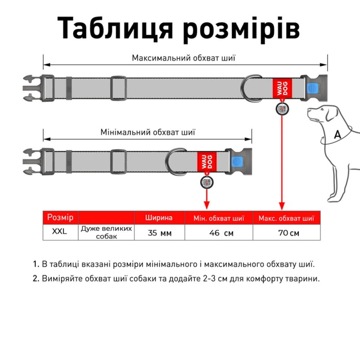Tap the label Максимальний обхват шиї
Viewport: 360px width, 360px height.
(x=183, y=58)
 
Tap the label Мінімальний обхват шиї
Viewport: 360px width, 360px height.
(x=148, y=132)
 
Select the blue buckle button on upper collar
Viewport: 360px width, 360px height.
(x=313, y=89)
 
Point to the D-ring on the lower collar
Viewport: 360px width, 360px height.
(x=176, y=162)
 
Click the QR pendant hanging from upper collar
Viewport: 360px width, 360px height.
(x=282, y=109)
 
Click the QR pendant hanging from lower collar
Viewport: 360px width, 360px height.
(x=206, y=182)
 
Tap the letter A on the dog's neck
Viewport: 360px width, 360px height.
(x=337, y=135)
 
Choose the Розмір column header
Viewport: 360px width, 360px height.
(x=60, y=218)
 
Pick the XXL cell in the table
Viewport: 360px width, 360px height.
(x=59, y=232)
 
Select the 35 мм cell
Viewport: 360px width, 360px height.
(x=159, y=233)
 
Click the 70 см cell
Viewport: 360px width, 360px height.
(x=286, y=233)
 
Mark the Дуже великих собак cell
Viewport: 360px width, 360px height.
(x=106, y=232)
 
